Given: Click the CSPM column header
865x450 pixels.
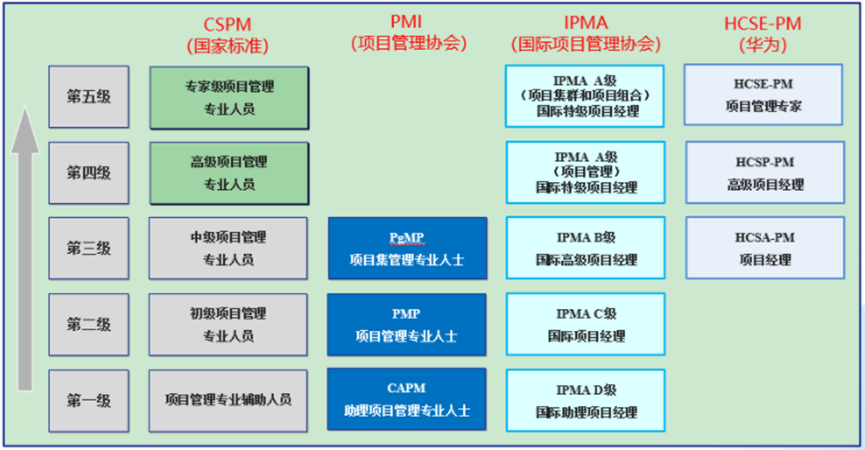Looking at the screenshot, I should [x=227, y=33].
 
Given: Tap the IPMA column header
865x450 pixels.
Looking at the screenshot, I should [x=585, y=33].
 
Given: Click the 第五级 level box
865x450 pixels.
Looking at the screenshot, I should [x=89, y=96].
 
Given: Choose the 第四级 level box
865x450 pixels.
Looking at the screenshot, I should [x=89, y=172].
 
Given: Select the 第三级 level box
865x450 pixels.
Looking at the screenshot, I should [x=89, y=248].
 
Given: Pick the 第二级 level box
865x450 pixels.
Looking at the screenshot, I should [x=89, y=324].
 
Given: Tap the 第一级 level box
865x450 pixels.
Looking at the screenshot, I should [x=89, y=400].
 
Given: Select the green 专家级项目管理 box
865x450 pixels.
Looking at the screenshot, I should [x=229, y=97].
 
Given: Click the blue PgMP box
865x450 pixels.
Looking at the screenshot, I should [x=407, y=248].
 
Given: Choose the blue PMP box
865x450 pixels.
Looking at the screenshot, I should [x=407, y=324].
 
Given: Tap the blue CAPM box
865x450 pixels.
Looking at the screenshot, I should [x=407, y=399].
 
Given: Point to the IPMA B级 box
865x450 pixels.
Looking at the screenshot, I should [x=585, y=248].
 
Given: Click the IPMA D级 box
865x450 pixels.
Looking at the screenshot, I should [x=585, y=400].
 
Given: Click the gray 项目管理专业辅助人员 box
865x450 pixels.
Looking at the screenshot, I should [x=229, y=399].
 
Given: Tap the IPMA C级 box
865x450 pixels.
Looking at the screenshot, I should [x=585, y=324].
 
